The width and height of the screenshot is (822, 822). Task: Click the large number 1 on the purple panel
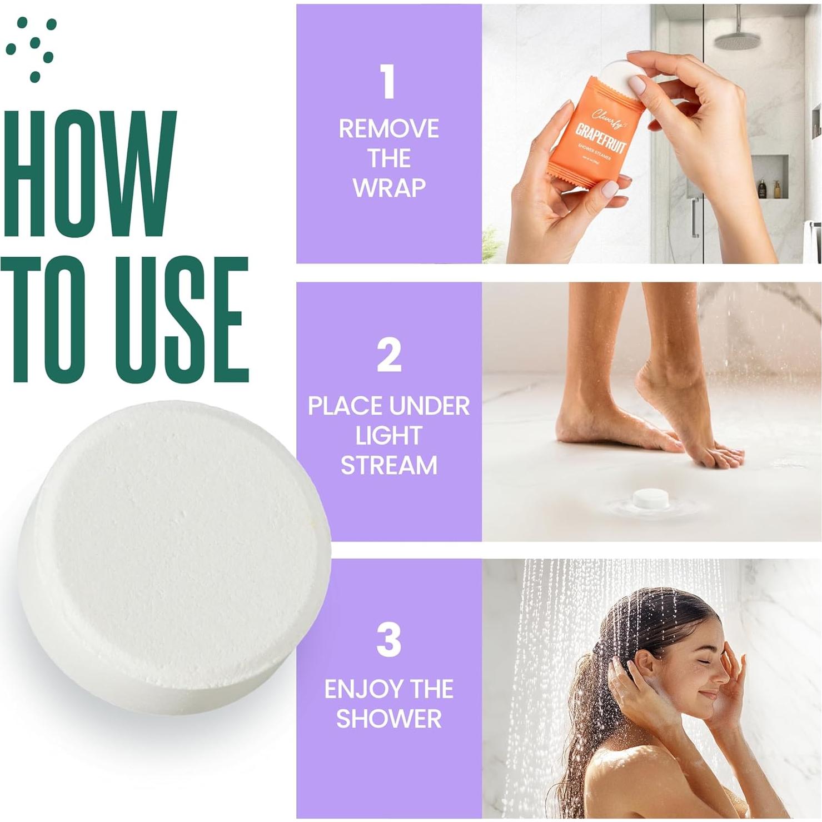pos(388,82)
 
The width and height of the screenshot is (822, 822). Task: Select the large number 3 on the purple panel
pos(388,640)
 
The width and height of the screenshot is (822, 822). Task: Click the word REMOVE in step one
pos(388,129)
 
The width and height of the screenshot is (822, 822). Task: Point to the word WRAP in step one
pos(388,188)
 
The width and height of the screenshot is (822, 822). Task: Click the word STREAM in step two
pos(388,465)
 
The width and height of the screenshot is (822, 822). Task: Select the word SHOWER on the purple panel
pos(388,719)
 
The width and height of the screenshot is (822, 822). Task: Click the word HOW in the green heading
pos(89,175)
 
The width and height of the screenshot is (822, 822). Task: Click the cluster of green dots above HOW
pos(33,47)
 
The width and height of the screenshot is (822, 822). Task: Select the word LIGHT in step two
pos(388,436)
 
